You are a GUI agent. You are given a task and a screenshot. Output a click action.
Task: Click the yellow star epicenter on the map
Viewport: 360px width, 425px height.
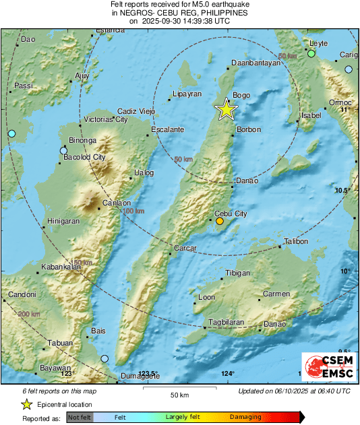[x=227, y=110]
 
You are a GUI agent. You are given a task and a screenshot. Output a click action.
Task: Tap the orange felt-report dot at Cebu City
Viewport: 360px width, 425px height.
[x=219, y=221]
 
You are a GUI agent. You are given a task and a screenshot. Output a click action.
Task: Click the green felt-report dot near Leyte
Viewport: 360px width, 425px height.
[x=311, y=53]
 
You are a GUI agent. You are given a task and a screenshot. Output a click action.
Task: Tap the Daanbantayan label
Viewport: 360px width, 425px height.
[x=255, y=63]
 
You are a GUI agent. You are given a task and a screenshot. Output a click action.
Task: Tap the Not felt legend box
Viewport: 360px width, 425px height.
[x=79, y=418]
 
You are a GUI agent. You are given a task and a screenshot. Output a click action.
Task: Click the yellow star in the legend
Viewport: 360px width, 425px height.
[x=26, y=405]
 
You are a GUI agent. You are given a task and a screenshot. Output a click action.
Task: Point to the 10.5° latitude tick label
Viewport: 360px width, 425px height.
[x=345, y=191]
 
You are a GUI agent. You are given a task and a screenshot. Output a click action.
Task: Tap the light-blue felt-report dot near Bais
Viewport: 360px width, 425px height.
[x=104, y=359]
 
